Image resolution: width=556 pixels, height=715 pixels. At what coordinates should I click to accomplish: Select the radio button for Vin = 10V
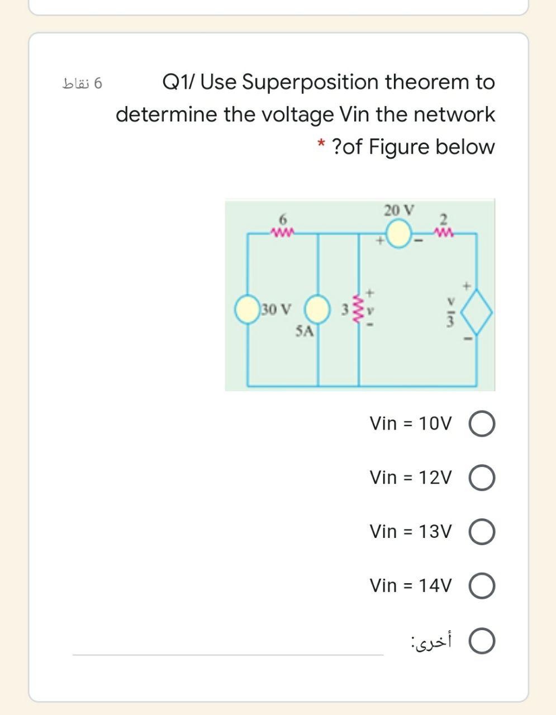[483, 424]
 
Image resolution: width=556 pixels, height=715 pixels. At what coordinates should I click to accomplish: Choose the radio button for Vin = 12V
[483, 478]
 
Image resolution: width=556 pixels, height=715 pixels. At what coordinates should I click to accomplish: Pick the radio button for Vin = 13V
[483, 532]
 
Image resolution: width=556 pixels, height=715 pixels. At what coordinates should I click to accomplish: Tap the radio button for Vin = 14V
[483, 587]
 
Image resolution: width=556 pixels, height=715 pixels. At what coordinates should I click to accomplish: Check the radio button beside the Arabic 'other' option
[483, 642]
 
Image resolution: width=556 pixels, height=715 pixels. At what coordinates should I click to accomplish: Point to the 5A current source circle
[317, 309]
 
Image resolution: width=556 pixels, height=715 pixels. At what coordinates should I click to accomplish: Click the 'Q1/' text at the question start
[178, 83]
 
